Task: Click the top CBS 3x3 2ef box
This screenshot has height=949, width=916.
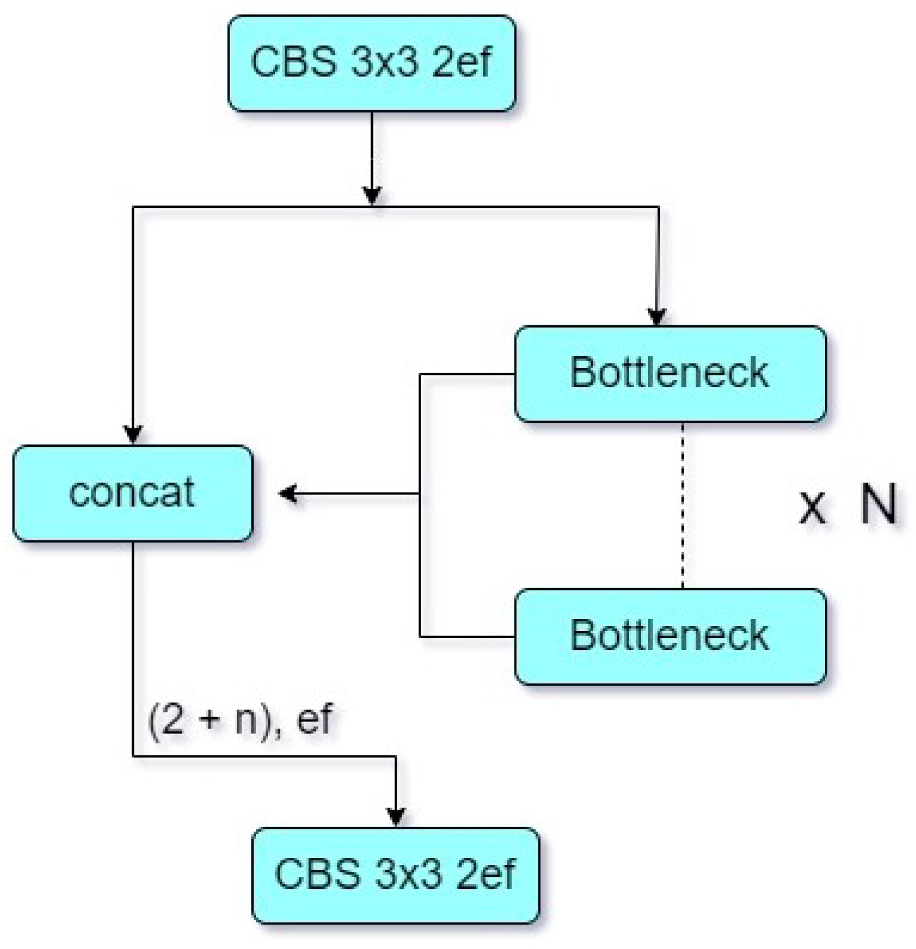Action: click(x=372, y=64)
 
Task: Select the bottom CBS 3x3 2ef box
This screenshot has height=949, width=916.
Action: click(x=395, y=875)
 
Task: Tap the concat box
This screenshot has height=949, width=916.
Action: click(x=133, y=493)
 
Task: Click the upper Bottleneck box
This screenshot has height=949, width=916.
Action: click(x=670, y=374)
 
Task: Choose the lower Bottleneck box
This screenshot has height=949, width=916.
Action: click(x=670, y=636)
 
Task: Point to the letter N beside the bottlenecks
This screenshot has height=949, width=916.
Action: click(x=878, y=505)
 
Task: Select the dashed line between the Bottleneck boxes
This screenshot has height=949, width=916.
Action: click(x=683, y=505)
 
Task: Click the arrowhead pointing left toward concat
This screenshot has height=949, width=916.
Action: click(x=288, y=494)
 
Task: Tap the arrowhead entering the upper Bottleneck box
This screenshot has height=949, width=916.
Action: click(x=657, y=317)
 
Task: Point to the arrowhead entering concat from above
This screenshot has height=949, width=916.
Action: click(x=133, y=434)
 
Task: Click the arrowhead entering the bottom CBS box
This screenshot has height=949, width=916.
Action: click(x=396, y=816)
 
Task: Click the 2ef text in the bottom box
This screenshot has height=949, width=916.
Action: click(x=485, y=874)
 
